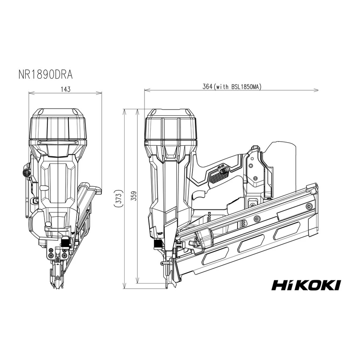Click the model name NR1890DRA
point(45,75)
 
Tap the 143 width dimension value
point(65,89)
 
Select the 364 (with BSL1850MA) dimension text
point(232,86)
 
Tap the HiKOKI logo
point(306,285)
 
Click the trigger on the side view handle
point(199,196)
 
